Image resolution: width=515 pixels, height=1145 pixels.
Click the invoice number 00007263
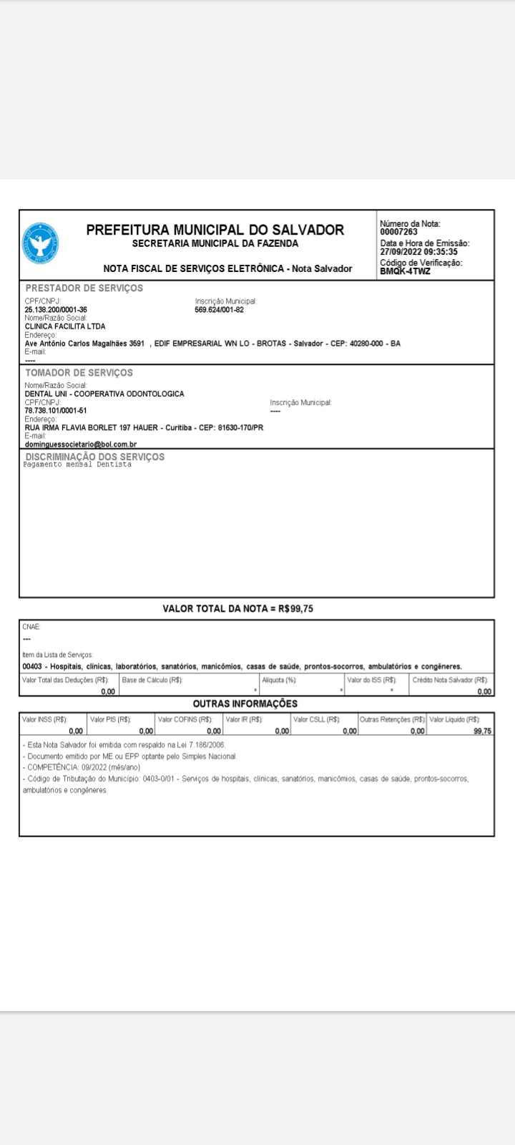[x=398, y=232]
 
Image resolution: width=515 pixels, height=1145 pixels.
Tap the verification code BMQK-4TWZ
[x=405, y=271]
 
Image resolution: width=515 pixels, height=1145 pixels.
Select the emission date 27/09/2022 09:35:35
[x=418, y=252]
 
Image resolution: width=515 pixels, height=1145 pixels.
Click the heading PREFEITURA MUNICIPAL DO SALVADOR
[x=215, y=230]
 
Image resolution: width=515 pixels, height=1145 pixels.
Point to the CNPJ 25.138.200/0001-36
[x=56, y=310]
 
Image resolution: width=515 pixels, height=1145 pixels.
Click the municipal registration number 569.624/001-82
[x=219, y=310]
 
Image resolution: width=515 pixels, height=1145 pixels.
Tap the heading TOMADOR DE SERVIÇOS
[x=79, y=373]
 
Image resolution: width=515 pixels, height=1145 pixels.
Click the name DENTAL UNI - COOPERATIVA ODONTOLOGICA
[x=104, y=394]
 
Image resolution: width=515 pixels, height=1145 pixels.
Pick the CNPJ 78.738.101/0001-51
[x=56, y=410]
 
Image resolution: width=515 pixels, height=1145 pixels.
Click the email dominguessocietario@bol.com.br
[x=80, y=444]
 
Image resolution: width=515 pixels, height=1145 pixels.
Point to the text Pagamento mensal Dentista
[x=77, y=464]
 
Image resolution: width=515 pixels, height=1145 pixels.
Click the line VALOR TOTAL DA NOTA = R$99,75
[x=237, y=609]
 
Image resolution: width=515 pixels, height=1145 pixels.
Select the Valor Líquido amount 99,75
[x=482, y=731]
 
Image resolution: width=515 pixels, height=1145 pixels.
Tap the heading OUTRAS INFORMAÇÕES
[x=245, y=703]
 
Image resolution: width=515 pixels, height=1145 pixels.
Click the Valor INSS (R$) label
[x=44, y=719]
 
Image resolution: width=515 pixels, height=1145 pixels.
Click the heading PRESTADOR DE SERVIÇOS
[x=84, y=288]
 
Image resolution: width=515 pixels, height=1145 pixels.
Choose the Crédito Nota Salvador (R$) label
[x=450, y=680]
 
